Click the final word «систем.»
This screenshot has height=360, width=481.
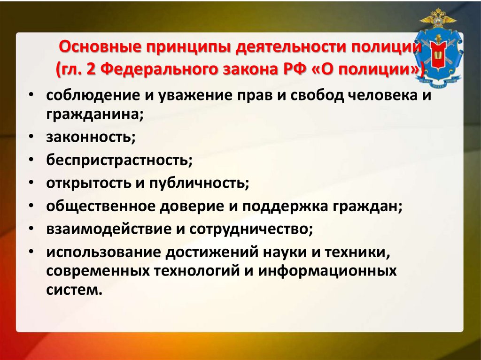(74, 290)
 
